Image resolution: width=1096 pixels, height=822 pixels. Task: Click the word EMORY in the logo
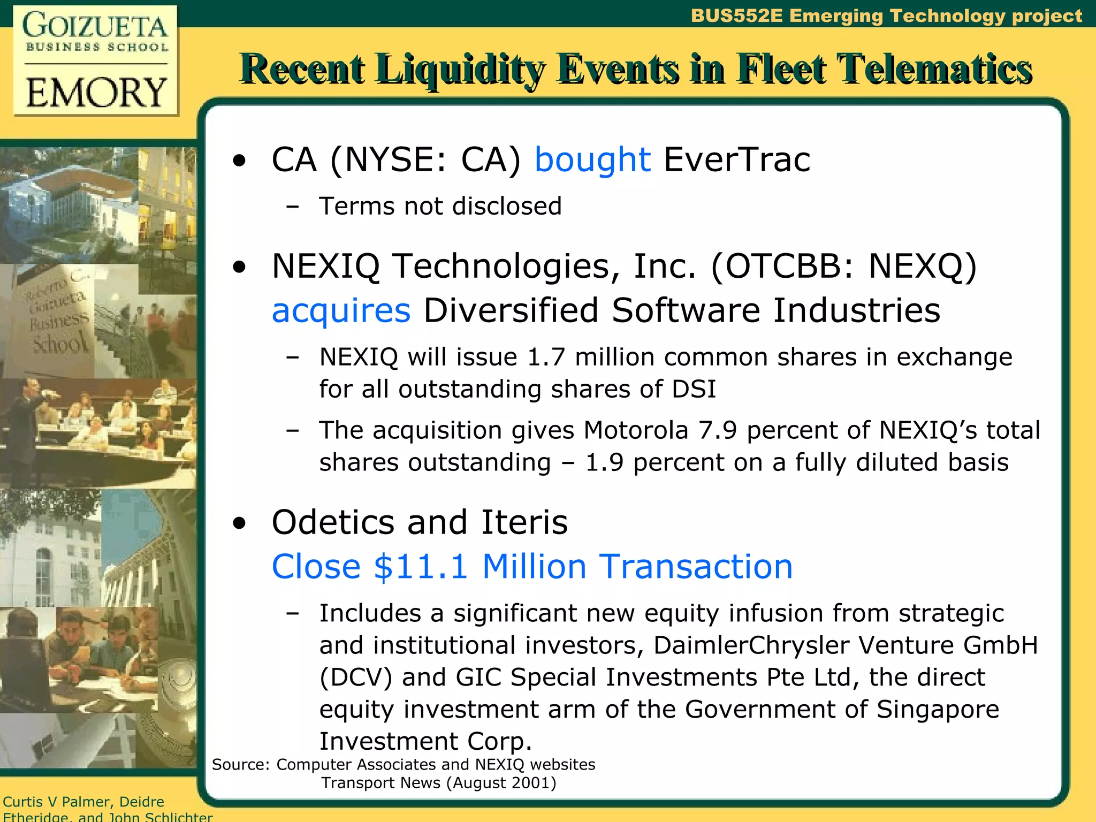[x=96, y=93]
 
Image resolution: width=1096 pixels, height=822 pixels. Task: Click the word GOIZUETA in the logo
[x=95, y=27]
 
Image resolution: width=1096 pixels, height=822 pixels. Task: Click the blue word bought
[x=592, y=160]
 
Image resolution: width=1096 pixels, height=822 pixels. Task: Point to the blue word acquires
[x=341, y=311]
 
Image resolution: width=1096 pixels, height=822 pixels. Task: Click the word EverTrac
[x=737, y=160]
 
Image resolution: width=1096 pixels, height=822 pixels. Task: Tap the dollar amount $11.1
[x=421, y=567]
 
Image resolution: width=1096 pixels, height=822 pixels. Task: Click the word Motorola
[x=636, y=430]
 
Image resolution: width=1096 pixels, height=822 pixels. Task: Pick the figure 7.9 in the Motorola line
[x=718, y=430]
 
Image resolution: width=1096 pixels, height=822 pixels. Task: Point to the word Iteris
[x=524, y=522]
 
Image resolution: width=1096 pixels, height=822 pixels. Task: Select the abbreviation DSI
[x=694, y=389]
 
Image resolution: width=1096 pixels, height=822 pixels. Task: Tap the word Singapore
[x=938, y=710]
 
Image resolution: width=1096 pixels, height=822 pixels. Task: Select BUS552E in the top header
[x=736, y=16]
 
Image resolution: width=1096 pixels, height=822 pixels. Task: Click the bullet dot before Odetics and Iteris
[x=240, y=524]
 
